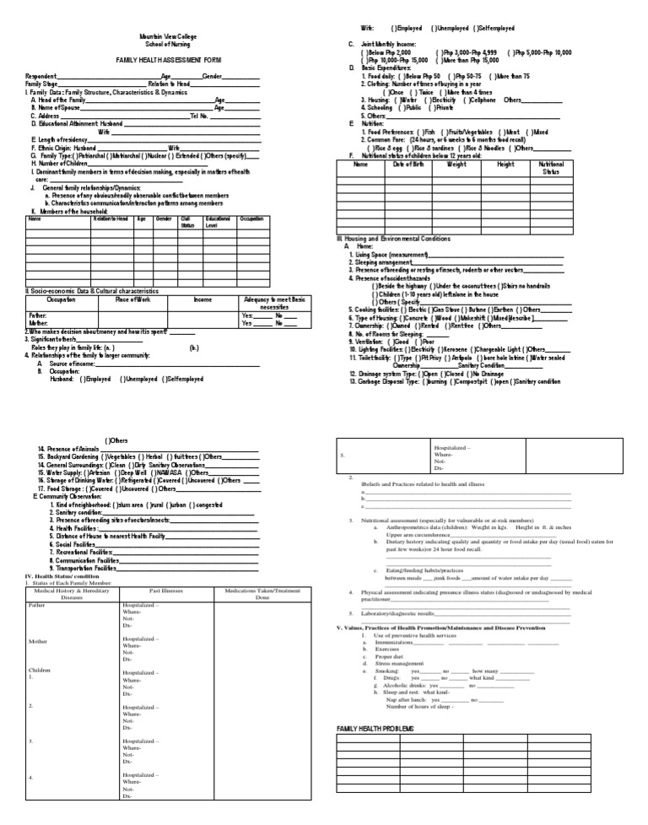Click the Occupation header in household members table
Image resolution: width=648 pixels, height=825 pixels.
coord(251,218)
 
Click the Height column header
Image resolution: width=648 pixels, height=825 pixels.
coord(505,164)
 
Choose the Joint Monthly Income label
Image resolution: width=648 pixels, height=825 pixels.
coord(387,44)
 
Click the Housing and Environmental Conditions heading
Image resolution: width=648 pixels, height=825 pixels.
coord(396,239)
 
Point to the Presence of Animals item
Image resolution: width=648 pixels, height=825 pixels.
coord(69,448)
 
